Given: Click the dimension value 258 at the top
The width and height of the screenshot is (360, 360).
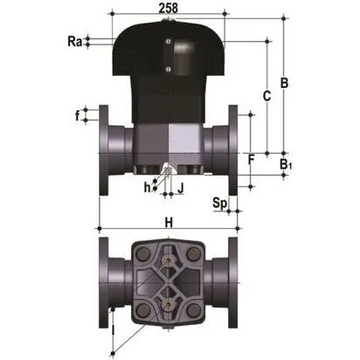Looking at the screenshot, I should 168,8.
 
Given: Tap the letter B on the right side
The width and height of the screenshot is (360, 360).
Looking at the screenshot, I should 283,83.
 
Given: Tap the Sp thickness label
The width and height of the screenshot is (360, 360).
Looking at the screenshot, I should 221,203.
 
